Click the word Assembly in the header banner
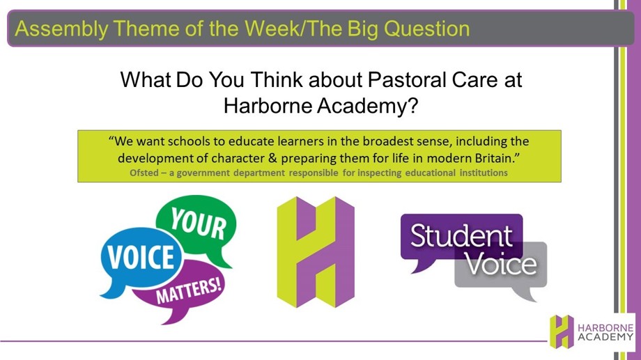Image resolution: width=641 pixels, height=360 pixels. click(x=62, y=29)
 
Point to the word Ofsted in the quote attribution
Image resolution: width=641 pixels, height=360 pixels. click(x=144, y=173)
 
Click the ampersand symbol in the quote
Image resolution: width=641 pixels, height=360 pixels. click(x=272, y=158)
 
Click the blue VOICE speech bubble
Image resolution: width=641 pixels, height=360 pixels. click(x=141, y=258)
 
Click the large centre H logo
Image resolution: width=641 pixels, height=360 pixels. click(x=316, y=251)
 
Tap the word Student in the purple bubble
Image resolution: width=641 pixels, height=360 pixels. click(x=461, y=236)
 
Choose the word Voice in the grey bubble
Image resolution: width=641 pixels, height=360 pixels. click(x=501, y=265)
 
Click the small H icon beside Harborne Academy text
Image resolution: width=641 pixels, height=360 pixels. click(x=562, y=331)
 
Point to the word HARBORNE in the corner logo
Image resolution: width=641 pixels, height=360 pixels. click(x=605, y=328)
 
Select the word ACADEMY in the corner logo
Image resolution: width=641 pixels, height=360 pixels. click(x=605, y=337)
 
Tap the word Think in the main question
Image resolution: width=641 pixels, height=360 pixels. click(x=277, y=79)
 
